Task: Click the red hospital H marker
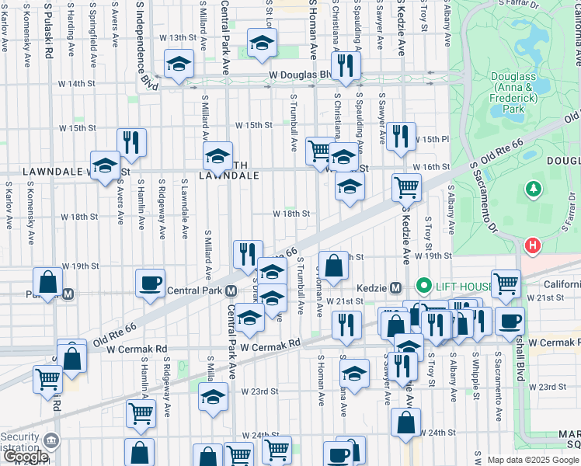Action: click(533, 247)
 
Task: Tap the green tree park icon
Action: click(533, 189)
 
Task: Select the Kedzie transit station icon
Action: click(395, 287)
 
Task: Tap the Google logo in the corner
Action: click(25, 457)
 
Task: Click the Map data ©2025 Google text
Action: click(533, 460)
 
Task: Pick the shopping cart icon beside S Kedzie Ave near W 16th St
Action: click(406, 186)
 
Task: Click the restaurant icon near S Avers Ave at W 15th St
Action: click(131, 141)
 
